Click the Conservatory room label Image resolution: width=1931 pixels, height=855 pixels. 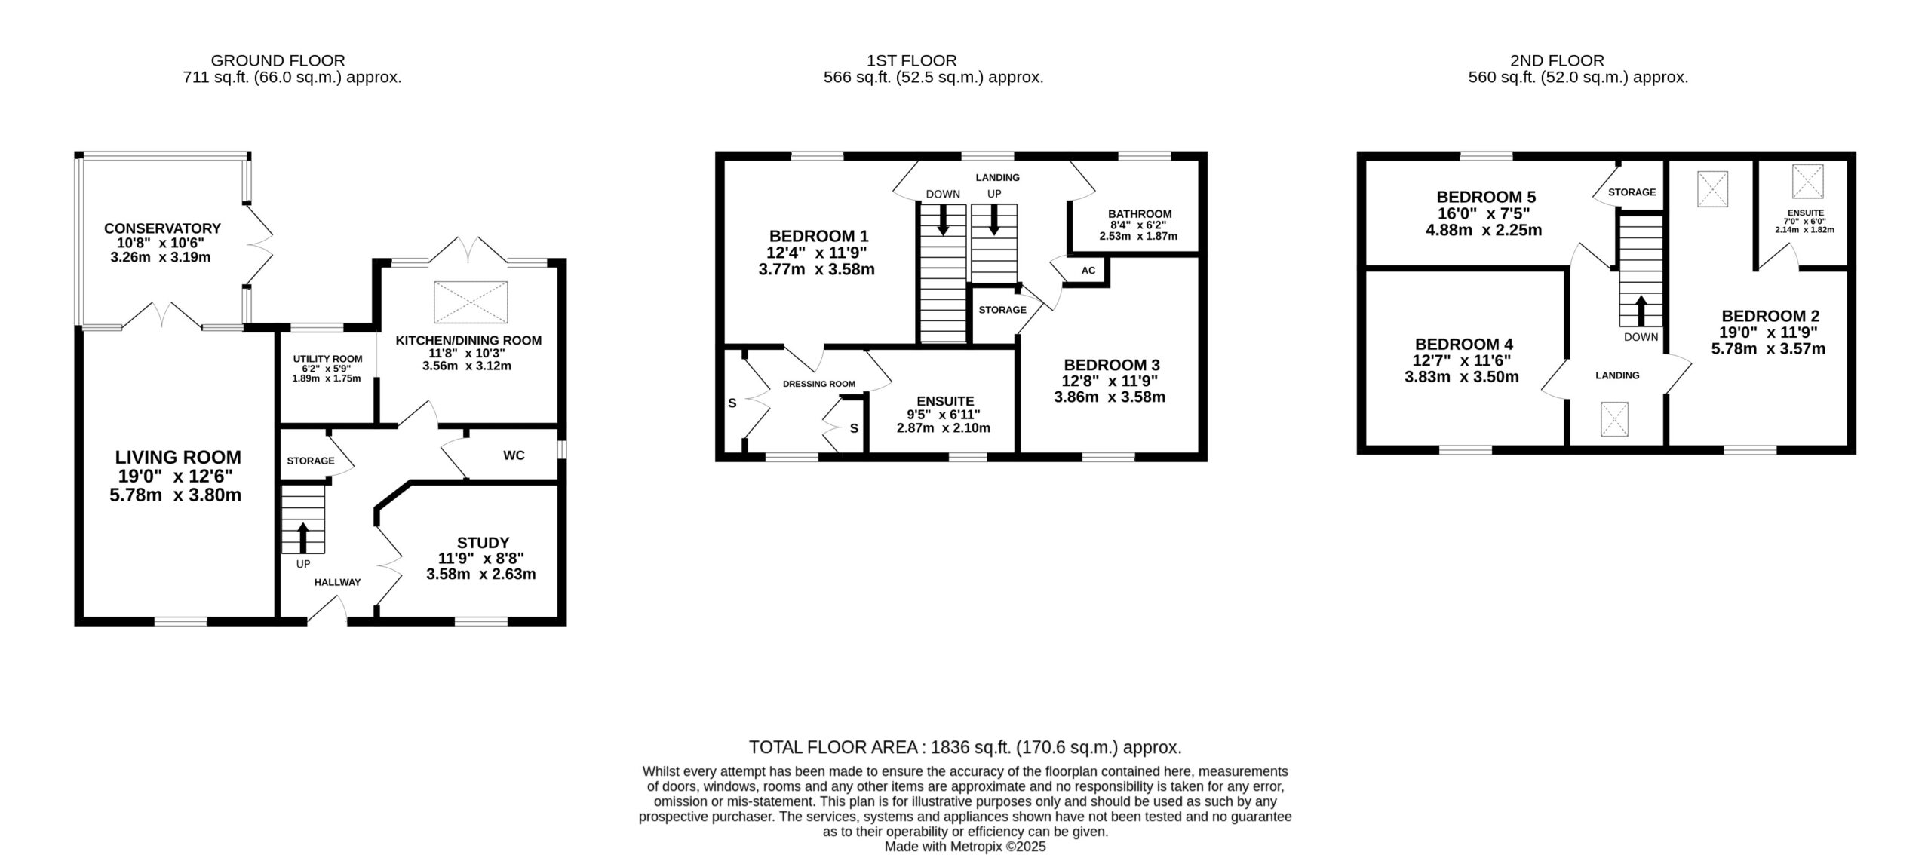[x=162, y=228]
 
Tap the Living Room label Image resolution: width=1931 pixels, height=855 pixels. [x=178, y=457]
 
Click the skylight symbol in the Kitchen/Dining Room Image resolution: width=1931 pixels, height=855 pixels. [x=471, y=303]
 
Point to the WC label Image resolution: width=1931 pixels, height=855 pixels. [x=514, y=455]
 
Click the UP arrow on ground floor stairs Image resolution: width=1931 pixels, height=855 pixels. [x=303, y=538]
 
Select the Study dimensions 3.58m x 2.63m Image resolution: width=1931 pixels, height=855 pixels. [x=481, y=574]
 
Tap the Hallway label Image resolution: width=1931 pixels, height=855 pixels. [x=337, y=582]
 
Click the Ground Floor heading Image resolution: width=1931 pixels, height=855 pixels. [x=278, y=60]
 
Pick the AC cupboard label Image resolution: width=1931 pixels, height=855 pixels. [x=1088, y=271]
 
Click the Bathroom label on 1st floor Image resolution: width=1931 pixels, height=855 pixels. [x=1140, y=214]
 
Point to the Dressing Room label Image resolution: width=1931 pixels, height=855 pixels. [x=819, y=384]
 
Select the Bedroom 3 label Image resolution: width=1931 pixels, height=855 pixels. [x=1110, y=365]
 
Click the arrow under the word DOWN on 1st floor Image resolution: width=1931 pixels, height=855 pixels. [x=943, y=220]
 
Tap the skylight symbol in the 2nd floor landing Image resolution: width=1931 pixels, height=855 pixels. [x=1615, y=420]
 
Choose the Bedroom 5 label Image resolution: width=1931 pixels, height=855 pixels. [x=1486, y=197]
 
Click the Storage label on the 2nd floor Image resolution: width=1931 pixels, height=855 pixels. [x=1632, y=192]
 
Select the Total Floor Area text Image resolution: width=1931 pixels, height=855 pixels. [x=965, y=747]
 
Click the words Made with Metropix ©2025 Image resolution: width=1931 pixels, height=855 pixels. [x=965, y=847]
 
